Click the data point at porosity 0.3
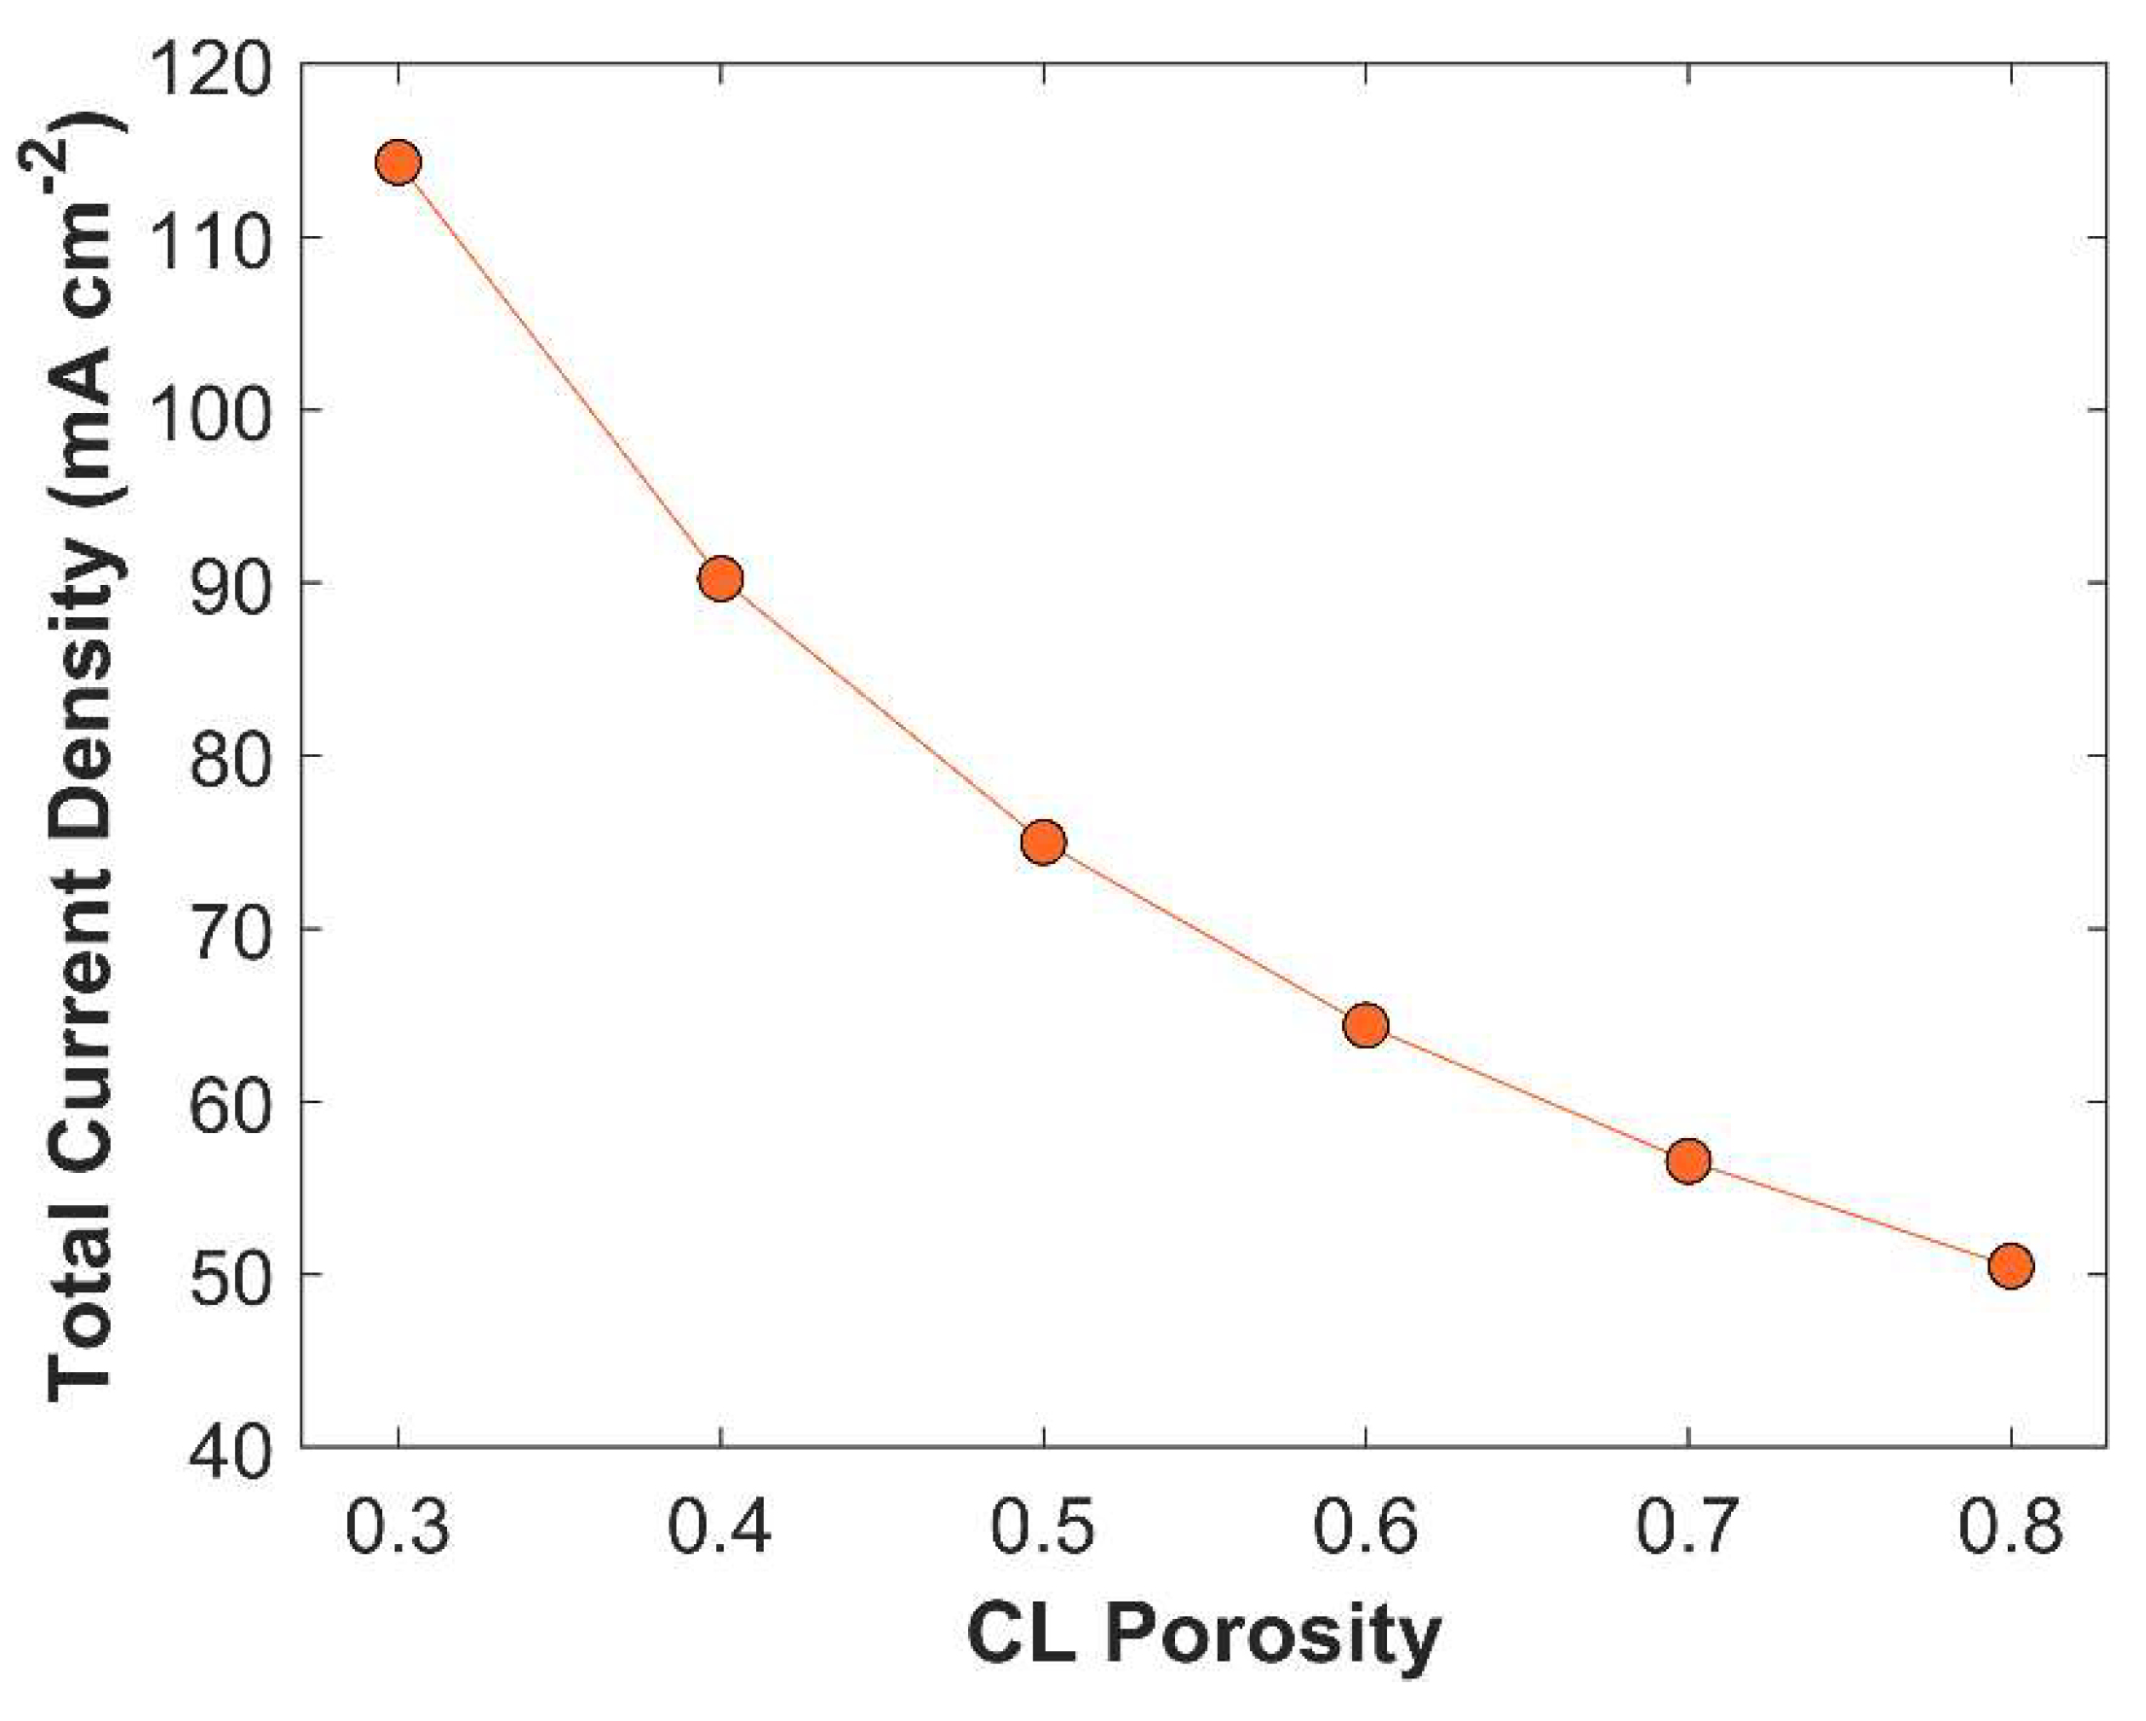398,162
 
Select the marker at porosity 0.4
720,578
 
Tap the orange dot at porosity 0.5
1043,843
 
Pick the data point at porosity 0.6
1366,1025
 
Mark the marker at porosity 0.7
1688,1160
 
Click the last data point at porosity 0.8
2011,1266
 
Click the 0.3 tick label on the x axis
398,1527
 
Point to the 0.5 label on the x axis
1043,1527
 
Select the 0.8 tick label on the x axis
2011,1527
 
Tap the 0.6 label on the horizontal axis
1366,1527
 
